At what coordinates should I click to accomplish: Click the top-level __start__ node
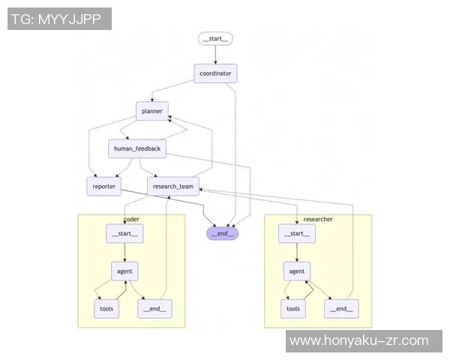(215, 39)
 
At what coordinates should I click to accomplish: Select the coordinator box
(215, 73)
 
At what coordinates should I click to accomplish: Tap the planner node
(151, 111)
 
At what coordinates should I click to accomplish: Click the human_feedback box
(137, 148)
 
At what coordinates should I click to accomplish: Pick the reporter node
(104, 187)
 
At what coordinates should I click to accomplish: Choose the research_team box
(173, 187)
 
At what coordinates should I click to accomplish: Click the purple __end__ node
(223, 233)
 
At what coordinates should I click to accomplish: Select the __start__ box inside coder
(124, 234)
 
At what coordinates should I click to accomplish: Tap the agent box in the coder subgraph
(124, 271)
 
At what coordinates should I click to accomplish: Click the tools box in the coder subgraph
(106, 309)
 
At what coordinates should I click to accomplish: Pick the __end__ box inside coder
(154, 309)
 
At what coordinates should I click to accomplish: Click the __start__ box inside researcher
(297, 234)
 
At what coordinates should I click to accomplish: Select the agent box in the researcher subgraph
(297, 271)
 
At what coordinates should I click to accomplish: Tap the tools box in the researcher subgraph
(293, 309)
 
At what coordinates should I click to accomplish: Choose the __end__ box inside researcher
(341, 309)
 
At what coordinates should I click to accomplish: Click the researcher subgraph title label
(318, 219)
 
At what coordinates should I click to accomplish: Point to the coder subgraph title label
(131, 219)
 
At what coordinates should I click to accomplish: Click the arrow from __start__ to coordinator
(215, 55)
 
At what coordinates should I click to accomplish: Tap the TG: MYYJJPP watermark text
(56, 19)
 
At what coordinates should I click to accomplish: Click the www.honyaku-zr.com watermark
(358, 340)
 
